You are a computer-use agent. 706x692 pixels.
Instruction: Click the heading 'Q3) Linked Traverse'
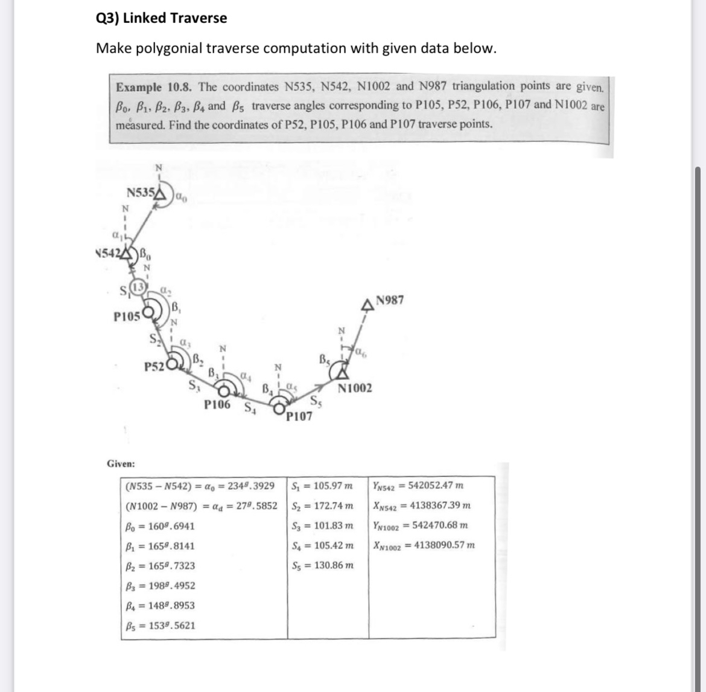pos(162,18)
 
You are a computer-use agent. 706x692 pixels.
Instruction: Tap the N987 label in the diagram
pos(390,300)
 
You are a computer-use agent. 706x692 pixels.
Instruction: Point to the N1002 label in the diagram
pos(355,388)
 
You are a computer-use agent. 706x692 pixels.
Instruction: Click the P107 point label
pos(299,416)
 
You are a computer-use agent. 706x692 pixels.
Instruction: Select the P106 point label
pos(217,405)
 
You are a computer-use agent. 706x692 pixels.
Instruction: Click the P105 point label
pos(127,316)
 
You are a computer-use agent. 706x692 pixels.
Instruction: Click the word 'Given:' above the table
pos(121,464)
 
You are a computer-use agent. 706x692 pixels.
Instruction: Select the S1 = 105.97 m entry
pos(322,485)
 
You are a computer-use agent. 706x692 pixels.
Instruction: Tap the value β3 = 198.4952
pos(160,586)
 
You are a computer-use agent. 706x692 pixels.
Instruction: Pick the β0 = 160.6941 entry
pos(160,526)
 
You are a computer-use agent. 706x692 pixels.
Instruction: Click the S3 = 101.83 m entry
pos(322,526)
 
